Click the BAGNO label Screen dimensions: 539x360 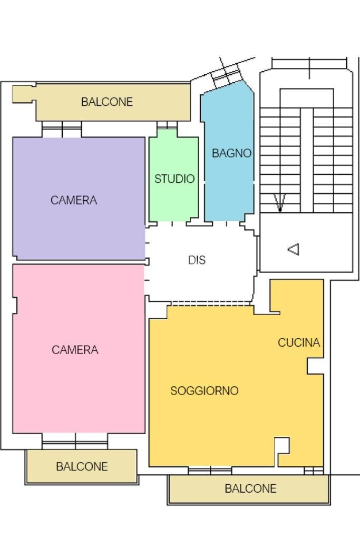click(x=231, y=153)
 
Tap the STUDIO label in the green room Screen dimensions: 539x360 click(x=174, y=179)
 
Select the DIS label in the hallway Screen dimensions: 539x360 click(x=197, y=260)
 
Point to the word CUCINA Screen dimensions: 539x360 click(x=299, y=343)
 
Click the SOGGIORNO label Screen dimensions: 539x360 click(x=204, y=391)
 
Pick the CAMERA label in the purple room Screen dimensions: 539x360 click(x=74, y=200)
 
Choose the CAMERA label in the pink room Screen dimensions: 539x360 click(x=75, y=350)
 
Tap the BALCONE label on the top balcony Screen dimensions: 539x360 click(x=106, y=102)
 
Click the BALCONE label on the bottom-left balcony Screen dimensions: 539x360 click(x=82, y=467)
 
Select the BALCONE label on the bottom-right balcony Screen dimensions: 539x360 click(x=250, y=489)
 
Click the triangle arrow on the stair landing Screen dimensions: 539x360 click(x=294, y=249)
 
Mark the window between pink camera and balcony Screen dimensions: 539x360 click(x=75, y=441)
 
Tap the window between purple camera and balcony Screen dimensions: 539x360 click(x=62, y=129)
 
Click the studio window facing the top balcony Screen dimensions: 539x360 click(x=167, y=125)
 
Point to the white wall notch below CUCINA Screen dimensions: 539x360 click(x=315, y=366)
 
